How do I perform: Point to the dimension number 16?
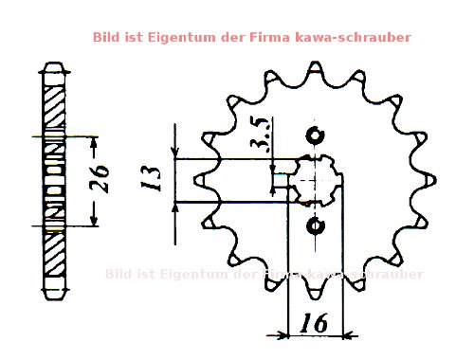click(313, 323)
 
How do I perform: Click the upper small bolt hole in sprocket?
click(316, 133)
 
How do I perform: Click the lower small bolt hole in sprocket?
click(316, 225)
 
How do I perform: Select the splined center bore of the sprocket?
click(316, 178)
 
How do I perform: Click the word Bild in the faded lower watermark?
click(121, 275)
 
